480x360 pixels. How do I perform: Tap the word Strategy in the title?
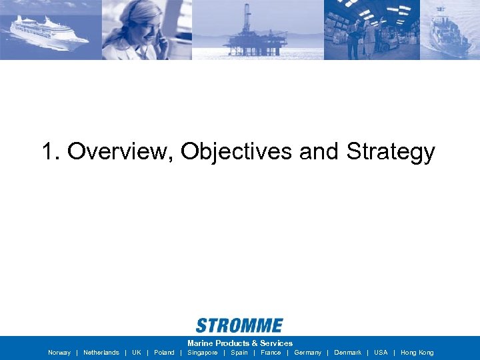coord(390,152)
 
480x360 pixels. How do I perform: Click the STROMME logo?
coord(239,325)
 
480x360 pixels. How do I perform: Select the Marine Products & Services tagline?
coord(240,343)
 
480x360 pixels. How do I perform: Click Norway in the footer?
coord(59,353)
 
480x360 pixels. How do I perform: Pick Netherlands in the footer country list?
coord(101,353)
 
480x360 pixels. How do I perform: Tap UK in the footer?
coord(137,353)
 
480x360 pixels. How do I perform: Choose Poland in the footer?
coord(164,353)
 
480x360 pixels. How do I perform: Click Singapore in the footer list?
coord(203,353)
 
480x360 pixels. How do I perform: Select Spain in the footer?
coord(239,353)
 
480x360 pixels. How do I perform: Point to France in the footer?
coord(271,353)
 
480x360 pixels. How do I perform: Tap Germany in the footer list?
coord(307,353)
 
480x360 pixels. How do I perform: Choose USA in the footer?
coord(381,353)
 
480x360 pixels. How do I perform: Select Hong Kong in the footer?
coord(417,353)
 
